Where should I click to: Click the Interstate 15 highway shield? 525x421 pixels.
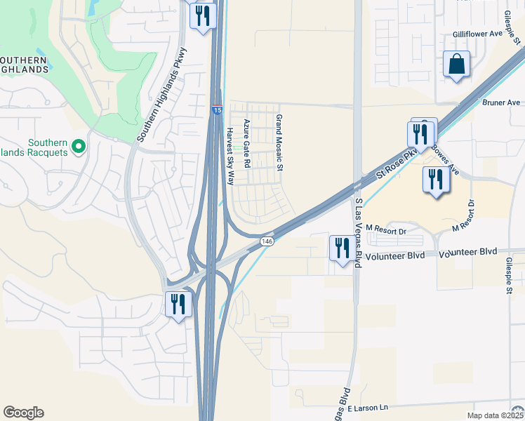tap(217, 110)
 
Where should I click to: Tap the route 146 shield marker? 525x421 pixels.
tap(267, 241)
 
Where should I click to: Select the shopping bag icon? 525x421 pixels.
tap(456, 65)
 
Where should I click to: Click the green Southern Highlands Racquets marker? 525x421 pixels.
tap(79, 147)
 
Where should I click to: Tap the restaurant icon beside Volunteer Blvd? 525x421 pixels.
tap(343, 248)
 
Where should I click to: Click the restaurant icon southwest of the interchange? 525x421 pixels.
tap(177, 305)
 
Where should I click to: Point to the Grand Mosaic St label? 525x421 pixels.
tap(279, 143)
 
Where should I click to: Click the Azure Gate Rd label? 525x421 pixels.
tap(247, 143)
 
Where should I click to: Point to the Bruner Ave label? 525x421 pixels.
tap(501, 102)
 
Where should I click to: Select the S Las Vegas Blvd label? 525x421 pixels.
tap(358, 233)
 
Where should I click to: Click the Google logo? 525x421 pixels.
tap(23, 413)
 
